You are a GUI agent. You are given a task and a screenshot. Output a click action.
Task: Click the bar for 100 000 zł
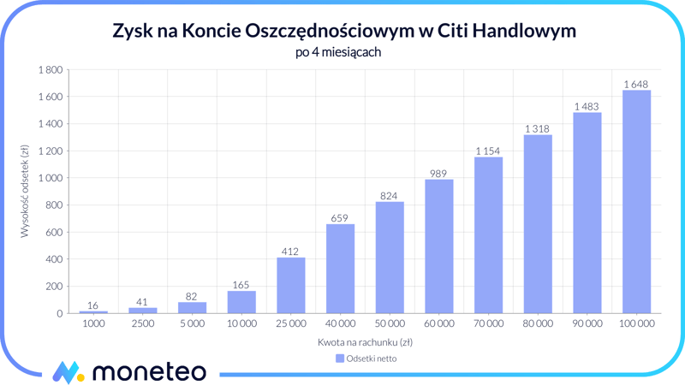[x=636, y=202]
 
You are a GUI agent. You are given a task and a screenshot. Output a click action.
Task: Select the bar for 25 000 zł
[x=290, y=286]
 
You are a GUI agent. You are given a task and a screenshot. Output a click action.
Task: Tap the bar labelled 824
[x=390, y=258]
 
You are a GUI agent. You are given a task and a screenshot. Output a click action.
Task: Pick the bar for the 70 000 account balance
[x=488, y=235]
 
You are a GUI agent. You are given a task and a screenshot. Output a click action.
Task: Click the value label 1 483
[x=587, y=106]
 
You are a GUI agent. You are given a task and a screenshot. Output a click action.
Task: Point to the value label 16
[x=92, y=305]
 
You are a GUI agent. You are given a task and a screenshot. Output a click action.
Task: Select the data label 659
[x=340, y=218]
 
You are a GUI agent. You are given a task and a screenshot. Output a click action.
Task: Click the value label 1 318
[x=537, y=129]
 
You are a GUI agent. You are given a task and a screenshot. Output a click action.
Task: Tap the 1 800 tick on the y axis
[x=50, y=70]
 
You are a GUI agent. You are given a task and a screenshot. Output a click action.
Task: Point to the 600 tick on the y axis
[x=54, y=233]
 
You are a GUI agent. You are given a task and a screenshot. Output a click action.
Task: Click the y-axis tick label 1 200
[x=50, y=151]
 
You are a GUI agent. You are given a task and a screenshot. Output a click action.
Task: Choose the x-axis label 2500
[x=142, y=324]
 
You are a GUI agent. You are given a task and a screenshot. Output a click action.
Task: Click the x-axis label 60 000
[x=438, y=324]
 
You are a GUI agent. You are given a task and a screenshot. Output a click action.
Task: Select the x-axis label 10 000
[x=241, y=324]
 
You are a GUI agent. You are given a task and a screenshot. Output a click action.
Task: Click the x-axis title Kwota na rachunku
[x=365, y=342]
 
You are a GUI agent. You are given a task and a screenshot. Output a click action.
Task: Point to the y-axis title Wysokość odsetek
[x=26, y=191]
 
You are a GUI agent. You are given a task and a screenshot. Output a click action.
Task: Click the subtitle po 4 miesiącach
[x=337, y=52]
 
